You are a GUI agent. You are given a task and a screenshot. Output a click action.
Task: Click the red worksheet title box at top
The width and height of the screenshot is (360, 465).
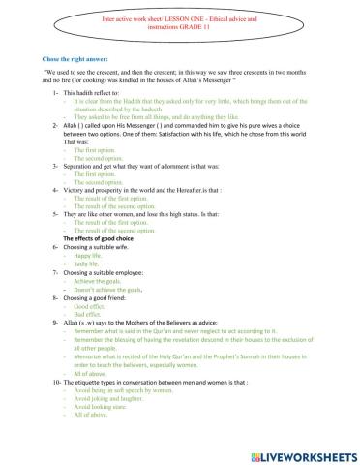point(180,24)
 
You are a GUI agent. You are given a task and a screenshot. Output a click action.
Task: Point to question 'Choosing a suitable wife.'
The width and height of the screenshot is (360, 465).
point(97,246)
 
